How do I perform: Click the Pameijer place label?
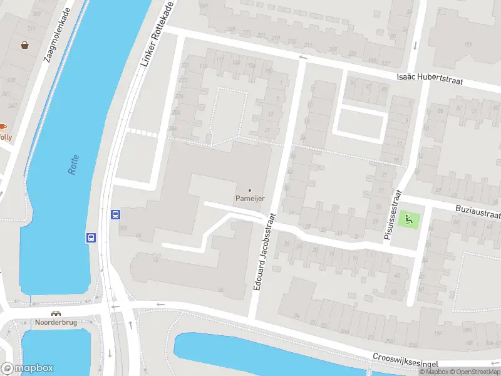click(250, 199)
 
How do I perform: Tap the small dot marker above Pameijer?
click(250, 190)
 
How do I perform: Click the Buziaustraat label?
click(478, 211)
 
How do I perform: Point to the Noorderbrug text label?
click(56, 323)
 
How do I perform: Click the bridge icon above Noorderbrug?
click(56, 313)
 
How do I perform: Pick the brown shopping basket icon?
click(24, 45)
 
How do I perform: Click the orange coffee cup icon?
click(3, 127)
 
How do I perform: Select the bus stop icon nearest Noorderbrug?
click(91, 238)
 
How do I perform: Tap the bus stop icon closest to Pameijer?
click(115, 214)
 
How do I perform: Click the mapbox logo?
click(28, 368)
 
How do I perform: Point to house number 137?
click(468, 44)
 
